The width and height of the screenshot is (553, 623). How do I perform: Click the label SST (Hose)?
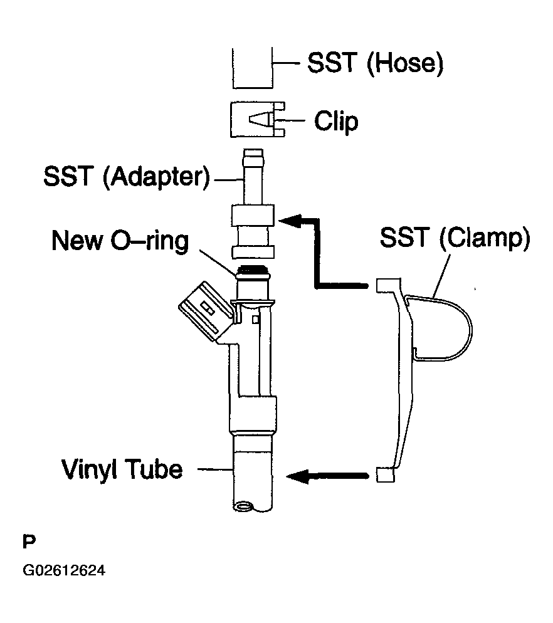click(375, 64)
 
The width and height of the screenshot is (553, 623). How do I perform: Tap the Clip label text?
click(336, 120)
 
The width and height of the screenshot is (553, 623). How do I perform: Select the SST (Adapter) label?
click(126, 177)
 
